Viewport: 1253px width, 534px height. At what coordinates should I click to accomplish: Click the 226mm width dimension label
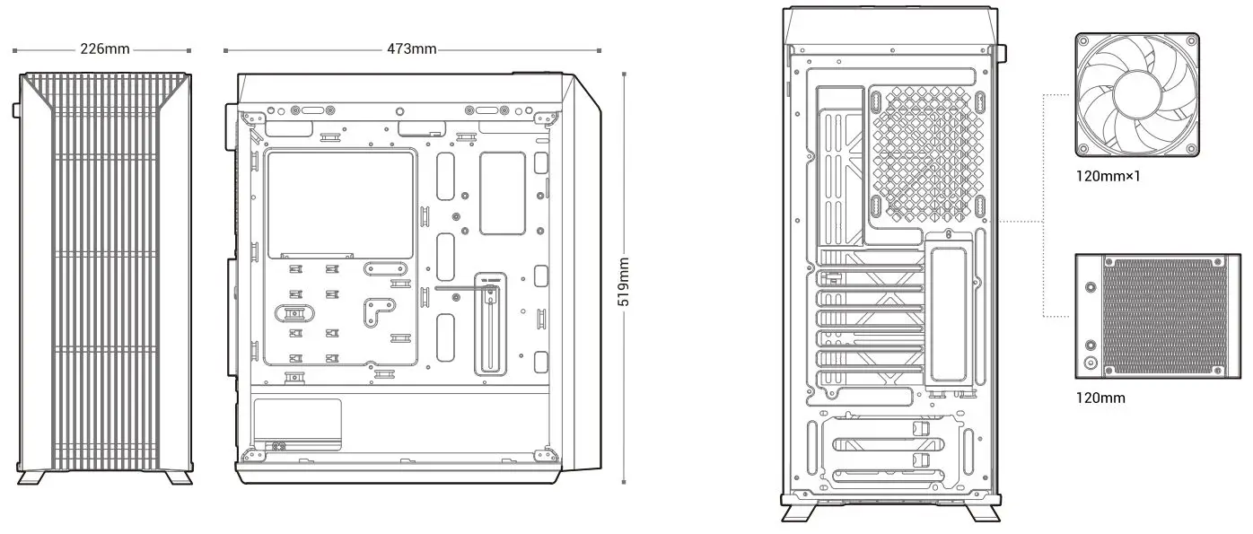[x=105, y=48]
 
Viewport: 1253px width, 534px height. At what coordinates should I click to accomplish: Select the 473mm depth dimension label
[x=412, y=48]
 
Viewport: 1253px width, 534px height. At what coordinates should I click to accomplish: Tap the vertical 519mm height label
[x=624, y=281]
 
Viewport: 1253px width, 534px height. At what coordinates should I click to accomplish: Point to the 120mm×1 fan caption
[x=1108, y=176]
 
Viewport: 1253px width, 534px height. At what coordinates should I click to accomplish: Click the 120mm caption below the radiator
[x=1100, y=398]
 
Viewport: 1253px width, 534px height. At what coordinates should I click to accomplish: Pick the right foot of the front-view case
[x=178, y=477]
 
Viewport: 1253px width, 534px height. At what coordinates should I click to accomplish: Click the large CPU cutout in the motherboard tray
[x=341, y=205]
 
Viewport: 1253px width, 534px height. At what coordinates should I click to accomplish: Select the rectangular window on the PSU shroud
[x=297, y=424]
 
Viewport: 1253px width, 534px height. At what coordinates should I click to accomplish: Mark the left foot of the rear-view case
[x=798, y=513]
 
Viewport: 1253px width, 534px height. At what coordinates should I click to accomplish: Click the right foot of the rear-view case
[x=986, y=513]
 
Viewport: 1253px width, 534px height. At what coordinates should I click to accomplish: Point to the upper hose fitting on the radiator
[x=1091, y=289]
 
